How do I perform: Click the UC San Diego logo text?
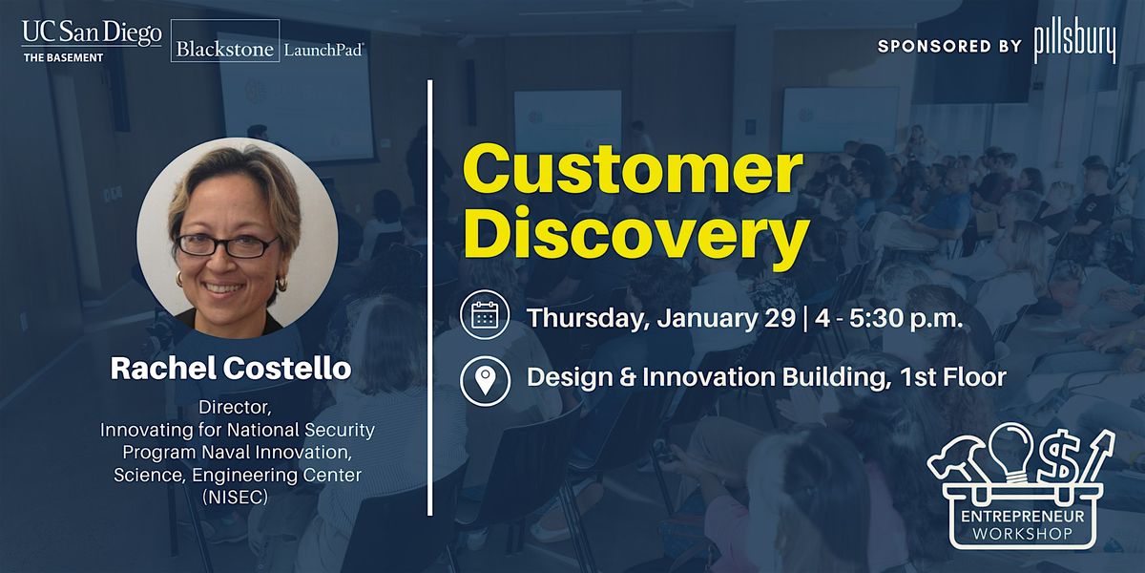click(x=92, y=32)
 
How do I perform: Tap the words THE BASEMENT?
click(x=63, y=58)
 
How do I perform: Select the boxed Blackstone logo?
click(x=225, y=40)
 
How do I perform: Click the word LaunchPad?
click(x=324, y=50)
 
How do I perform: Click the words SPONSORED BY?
click(x=949, y=47)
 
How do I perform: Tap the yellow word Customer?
click(x=633, y=169)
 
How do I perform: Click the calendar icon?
click(x=485, y=314)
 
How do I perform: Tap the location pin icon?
click(x=485, y=381)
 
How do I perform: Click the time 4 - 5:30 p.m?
click(x=889, y=318)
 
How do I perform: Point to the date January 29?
click(x=726, y=318)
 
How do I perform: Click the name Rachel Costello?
click(x=231, y=369)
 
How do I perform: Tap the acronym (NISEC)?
click(x=235, y=497)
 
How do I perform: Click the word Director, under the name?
click(x=235, y=408)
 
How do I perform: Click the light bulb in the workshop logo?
click(x=1010, y=453)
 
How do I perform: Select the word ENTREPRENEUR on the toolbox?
click(x=1022, y=516)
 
